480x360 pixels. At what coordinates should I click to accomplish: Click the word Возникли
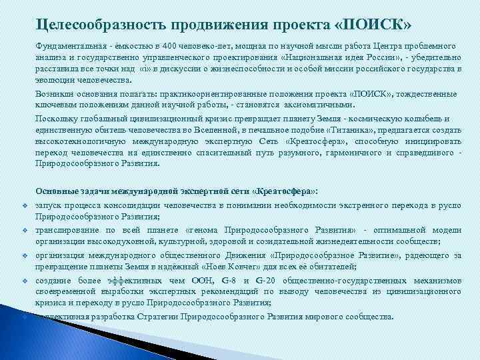tap(55, 94)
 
